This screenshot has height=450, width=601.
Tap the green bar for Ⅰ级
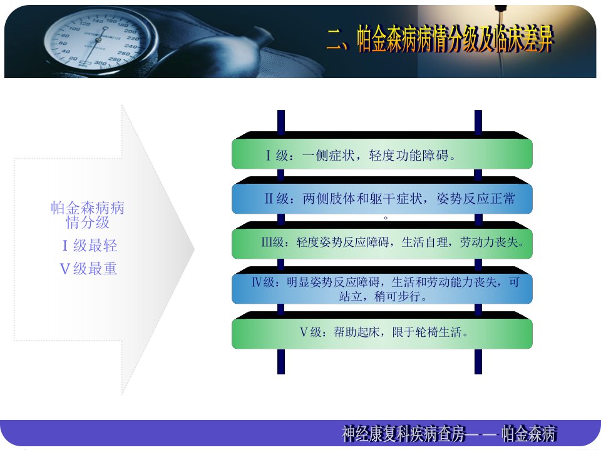pyautogui.click(x=382, y=154)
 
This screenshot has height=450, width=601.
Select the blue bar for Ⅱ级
pyautogui.click(x=382, y=199)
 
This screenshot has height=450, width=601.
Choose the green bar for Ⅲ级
pyautogui.click(x=382, y=243)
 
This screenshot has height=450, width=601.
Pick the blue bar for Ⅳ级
pyautogui.click(x=382, y=289)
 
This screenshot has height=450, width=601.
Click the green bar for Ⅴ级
pyautogui.click(x=382, y=333)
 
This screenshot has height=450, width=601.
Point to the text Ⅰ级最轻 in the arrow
pyautogui.click(x=90, y=245)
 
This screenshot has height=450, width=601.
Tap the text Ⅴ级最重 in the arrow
pyautogui.click(x=88, y=269)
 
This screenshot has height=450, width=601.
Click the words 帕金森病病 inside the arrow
pyautogui.click(x=88, y=207)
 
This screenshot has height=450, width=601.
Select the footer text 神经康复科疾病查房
pyautogui.click(x=404, y=434)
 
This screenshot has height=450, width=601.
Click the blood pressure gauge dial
pyautogui.click(x=98, y=40)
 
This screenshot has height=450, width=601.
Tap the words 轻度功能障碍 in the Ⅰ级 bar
pyautogui.click(x=409, y=156)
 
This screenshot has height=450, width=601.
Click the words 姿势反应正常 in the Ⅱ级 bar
pyautogui.click(x=476, y=199)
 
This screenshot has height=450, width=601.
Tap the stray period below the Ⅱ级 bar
pyautogui.click(x=386, y=217)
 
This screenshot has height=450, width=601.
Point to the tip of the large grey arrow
pyautogui.click(x=195, y=249)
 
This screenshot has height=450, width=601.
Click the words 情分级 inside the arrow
pyautogui.click(x=88, y=222)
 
